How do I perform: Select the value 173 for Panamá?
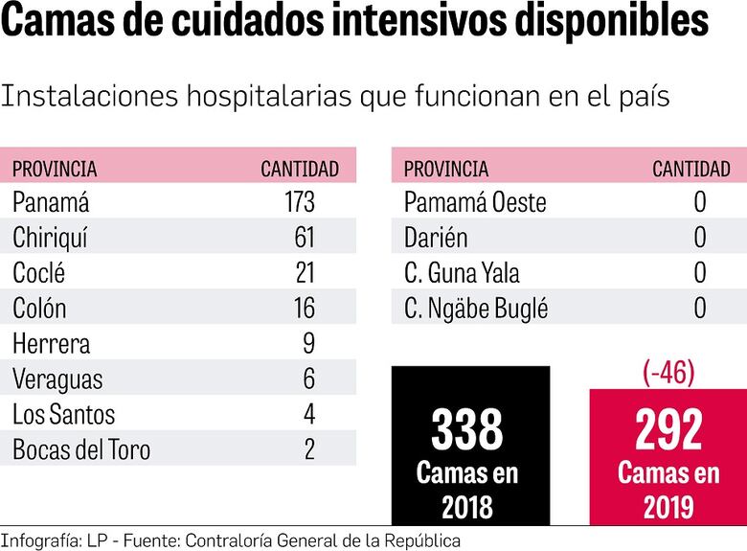click(293, 202)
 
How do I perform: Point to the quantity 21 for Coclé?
click(305, 273)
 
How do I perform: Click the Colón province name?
click(39, 309)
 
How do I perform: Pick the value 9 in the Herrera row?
click(308, 343)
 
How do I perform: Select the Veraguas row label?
click(57, 379)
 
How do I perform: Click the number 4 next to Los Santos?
click(308, 414)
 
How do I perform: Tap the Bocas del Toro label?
click(81, 449)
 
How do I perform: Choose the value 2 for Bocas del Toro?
click(308, 449)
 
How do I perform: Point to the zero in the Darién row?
click(700, 238)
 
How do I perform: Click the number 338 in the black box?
click(467, 430)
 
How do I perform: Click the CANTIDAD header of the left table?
click(300, 169)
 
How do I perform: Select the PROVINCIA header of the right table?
click(446, 169)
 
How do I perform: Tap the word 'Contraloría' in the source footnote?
click(229, 540)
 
